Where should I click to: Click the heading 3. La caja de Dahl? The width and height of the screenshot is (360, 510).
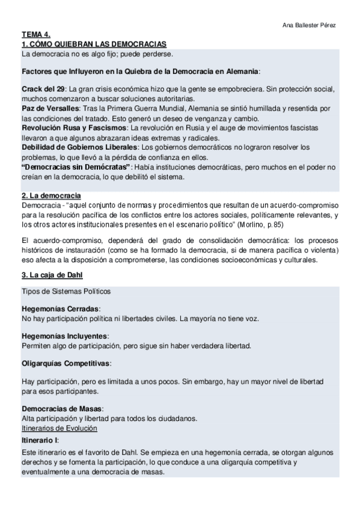52,275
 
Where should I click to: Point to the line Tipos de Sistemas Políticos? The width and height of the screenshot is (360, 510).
66,292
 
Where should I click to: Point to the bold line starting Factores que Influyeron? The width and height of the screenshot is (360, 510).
141,71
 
